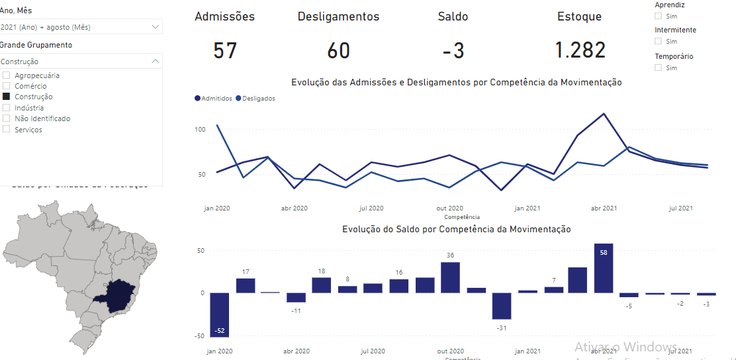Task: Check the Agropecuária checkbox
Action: point(7,75)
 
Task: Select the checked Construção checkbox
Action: point(7,97)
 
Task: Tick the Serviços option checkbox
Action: point(7,130)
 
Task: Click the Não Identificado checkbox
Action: point(7,118)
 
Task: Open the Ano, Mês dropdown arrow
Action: point(155,27)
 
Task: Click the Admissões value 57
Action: point(225,51)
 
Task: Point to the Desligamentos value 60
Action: point(338,51)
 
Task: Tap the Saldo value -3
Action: point(453,51)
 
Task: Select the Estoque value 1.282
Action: point(580,51)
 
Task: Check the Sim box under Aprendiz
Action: point(658,16)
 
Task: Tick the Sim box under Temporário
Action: point(658,67)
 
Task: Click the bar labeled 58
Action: point(604,269)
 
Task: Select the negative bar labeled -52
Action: point(220,314)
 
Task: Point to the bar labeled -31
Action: point(502,306)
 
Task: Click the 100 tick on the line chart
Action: point(200,129)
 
